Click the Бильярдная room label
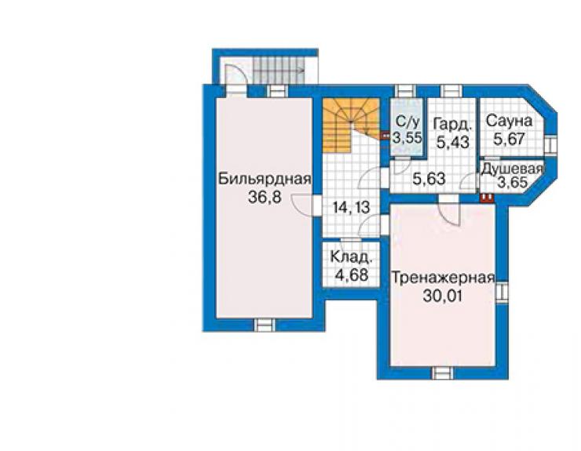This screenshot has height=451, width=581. tap(265, 179)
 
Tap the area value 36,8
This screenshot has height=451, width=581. tap(265, 198)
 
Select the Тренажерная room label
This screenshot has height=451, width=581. tap(443, 278)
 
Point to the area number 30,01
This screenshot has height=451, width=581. tap(443, 296)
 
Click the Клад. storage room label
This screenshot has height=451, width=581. tap(350, 256)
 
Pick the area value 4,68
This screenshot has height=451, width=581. tap(351, 275)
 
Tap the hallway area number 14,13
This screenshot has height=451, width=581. tap(351, 207)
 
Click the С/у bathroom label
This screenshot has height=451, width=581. tap(407, 122)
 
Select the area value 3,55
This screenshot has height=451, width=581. tap(407, 138)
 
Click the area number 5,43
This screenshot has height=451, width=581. tap(453, 142)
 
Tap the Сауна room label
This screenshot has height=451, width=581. tap(510, 121)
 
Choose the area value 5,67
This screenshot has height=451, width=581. tap(510, 139)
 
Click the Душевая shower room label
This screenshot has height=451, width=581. tap(512, 169)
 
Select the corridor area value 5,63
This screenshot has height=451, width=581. tap(429, 179)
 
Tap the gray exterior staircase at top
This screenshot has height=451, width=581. tap(279, 71)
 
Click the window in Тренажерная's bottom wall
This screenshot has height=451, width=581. tap(443, 373)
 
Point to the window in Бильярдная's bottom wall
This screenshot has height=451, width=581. tap(265, 325)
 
